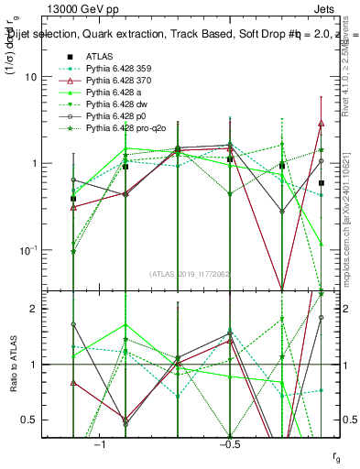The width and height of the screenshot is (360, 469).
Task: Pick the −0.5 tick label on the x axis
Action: tap(229, 445)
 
